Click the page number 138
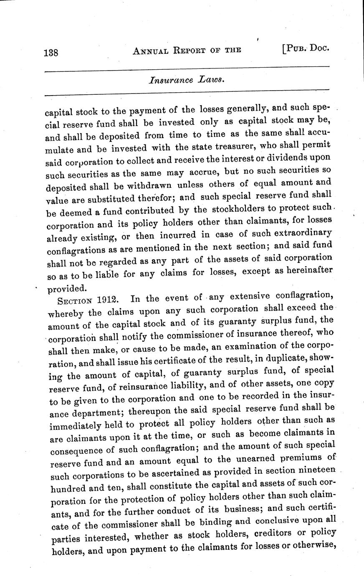pyautogui.click(x=52, y=52)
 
